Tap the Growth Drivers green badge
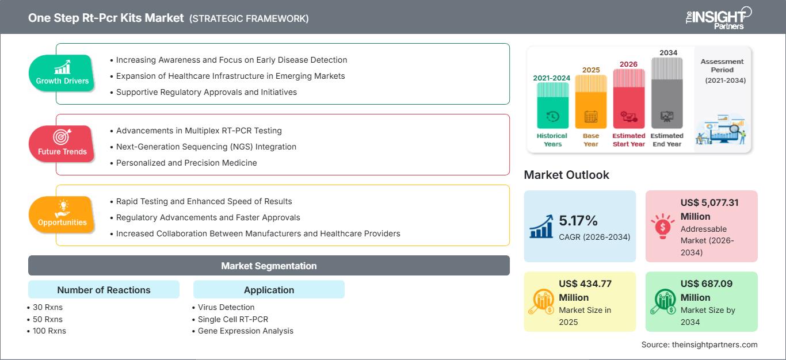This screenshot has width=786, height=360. [x=62, y=73]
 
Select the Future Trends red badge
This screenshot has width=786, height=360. [x=62, y=144]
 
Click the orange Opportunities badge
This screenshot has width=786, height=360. [x=62, y=215]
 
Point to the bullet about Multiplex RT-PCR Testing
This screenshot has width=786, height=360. [x=199, y=131]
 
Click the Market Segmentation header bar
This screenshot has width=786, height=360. [x=269, y=266]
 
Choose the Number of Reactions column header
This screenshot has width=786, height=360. [x=104, y=290]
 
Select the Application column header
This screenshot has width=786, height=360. [x=269, y=290]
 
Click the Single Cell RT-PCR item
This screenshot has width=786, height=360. [x=232, y=319]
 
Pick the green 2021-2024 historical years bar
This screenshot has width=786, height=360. [x=552, y=106]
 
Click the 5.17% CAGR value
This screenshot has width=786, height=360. [x=578, y=220]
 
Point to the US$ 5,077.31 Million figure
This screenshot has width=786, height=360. [x=709, y=209]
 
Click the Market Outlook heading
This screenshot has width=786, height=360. [x=566, y=175]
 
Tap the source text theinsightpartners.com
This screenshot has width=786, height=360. [x=699, y=344]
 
